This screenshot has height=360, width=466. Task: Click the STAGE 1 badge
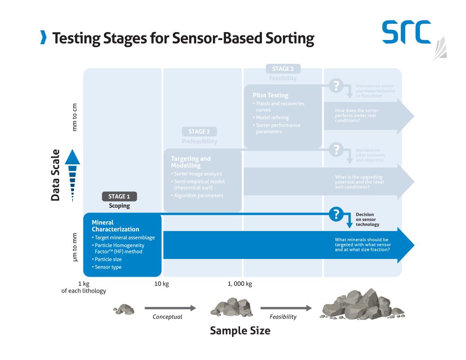click(x=119, y=197)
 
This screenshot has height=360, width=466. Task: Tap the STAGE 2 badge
click(x=199, y=132)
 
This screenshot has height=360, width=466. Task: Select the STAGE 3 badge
click(x=283, y=69)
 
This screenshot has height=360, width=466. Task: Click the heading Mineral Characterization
click(x=115, y=226)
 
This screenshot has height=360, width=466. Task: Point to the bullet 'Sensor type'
click(x=108, y=267)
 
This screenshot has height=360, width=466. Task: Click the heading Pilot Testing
click(x=270, y=95)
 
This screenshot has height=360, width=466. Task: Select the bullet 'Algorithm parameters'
click(x=199, y=196)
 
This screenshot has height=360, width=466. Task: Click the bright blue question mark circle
click(x=336, y=214)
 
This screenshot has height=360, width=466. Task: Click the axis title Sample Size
click(x=240, y=331)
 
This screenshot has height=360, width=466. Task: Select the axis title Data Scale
click(x=55, y=175)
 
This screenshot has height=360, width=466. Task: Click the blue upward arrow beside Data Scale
click(x=73, y=175)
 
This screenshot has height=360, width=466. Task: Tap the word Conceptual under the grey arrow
click(x=167, y=317)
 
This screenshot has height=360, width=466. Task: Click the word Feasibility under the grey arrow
click(x=283, y=317)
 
